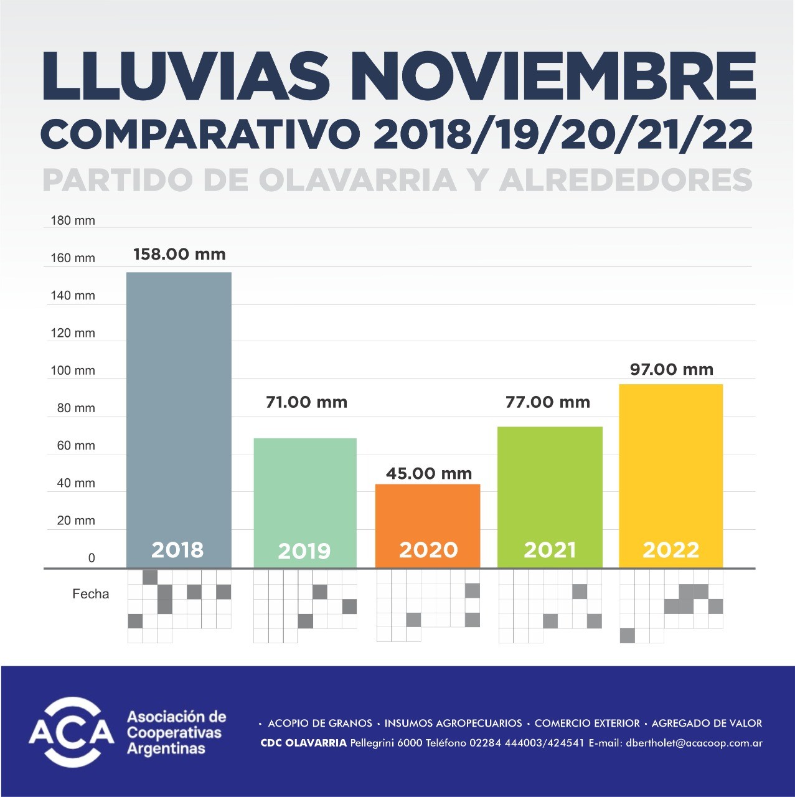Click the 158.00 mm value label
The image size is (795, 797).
pyautogui.click(x=179, y=254)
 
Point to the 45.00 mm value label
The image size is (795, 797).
pyautogui.click(x=429, y=473)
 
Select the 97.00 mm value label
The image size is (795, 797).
pyautogui.click(x=671, y=369)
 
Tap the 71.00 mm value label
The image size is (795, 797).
pyautogui.click(x=306, y=402)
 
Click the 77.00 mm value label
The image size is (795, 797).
pyautogui.click(x=548, y=402)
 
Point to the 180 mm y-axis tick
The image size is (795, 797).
pyautogui.click(x=72, y=220)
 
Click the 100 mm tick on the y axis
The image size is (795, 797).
pyautogui.click(x=72, y=370)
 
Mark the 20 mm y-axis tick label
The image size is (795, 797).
pyautogui.click(x=75, y=521)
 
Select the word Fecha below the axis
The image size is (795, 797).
pyautogui.click(x=90, y=594)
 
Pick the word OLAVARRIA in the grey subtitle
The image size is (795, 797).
pyautogui.click(x=357, y=181)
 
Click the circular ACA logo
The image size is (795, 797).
pyautogui.click(x=72, y=732)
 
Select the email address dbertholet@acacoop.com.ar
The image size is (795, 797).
pyautogui.click(x=694, y=743)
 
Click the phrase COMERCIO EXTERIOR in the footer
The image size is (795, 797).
pyautogui.click(x=587, y=724)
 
